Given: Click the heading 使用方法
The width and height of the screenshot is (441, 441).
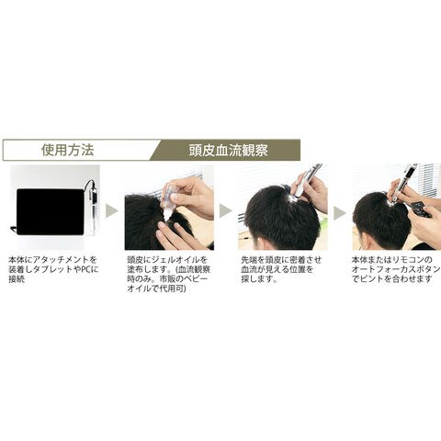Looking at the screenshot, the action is point(68,150).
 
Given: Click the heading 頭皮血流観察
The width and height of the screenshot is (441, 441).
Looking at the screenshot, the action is point(228,151).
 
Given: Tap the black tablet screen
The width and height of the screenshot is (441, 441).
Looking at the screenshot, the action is point(51,212).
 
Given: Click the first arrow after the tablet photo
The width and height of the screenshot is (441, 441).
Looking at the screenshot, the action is point(111,211).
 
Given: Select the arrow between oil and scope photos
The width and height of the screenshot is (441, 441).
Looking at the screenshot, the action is point(225,211).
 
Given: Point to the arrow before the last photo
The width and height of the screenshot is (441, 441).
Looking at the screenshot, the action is point(339,213).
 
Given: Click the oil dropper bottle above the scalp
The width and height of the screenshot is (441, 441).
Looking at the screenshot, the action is point(169,200).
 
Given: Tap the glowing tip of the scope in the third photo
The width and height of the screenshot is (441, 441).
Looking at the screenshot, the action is point(293,199).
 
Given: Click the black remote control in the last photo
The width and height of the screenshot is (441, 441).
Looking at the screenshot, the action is point(421,209).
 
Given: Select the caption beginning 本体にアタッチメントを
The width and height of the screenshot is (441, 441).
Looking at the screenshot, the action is point(52,269).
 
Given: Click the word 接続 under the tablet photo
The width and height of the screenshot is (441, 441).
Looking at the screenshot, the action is point(17,279).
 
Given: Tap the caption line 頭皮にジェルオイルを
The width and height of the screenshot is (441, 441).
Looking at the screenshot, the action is point(167,260).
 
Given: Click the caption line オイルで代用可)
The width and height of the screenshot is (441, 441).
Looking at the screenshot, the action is point(156,288).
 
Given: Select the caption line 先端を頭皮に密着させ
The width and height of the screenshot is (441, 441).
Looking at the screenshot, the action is point(281,260).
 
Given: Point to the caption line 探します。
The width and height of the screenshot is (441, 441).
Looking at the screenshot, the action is point(259,279).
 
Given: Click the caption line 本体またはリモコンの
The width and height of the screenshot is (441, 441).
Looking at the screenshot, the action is point(392,260).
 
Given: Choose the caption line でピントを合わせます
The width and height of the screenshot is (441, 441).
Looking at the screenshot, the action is point(392,279).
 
